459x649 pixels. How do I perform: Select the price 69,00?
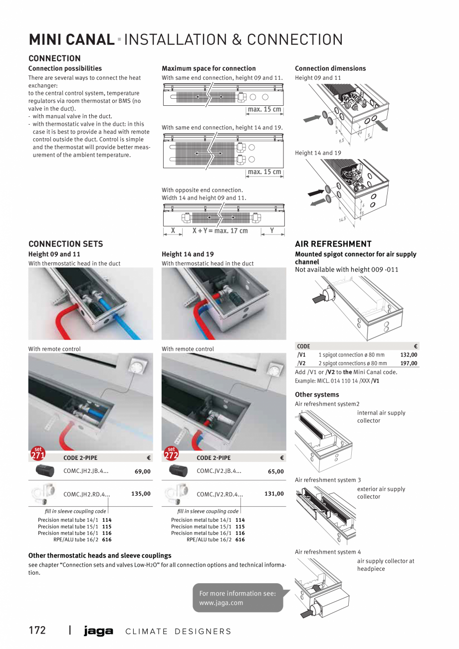click(x=142, y=471)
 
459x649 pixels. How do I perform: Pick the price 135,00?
click(x=141, y=494)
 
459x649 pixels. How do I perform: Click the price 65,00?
click(x=275, y=471)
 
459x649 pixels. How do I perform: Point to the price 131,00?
click(x=274, y=494)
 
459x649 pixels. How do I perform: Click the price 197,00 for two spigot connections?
click(x=409, y=363)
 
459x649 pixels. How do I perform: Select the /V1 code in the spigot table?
click(x=301, y=355)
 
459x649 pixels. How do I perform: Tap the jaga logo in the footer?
click(x=98, y=631)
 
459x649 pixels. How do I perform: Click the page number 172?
click(x=37, y=631)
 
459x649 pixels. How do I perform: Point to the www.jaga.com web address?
click(x=221, y=603)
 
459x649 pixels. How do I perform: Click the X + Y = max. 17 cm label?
click(x=220, y=231)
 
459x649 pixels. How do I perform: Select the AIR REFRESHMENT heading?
click(x=333, y=244)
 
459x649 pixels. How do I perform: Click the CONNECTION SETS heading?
click(x=66, y=244)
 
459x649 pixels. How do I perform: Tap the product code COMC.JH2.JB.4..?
click(x=86, y=470)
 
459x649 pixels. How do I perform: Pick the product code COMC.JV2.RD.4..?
click(x=220, y=494)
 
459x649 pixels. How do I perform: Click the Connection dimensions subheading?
click(x=330, y=68)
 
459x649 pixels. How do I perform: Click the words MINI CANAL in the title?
click(x=71, y=39)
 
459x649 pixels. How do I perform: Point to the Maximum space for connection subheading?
click(x=209, y=68)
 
